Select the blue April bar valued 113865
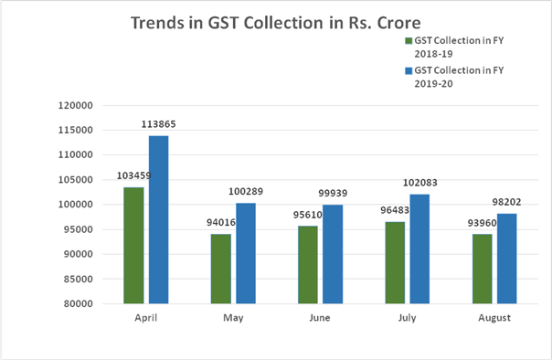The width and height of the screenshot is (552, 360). (x=158, y=219)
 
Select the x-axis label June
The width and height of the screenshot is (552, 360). (x=320, y=318)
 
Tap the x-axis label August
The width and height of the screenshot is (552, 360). (x=494, y=318)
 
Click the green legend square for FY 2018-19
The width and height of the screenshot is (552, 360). (x=408, y=41)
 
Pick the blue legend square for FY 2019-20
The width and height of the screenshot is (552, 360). (x=408, y=69)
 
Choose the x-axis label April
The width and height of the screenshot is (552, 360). (x=146, y=318)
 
